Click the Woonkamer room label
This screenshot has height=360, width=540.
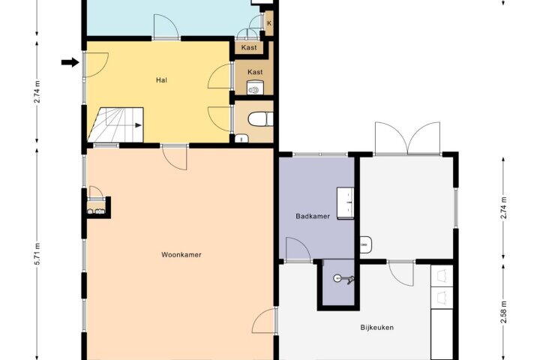click(x=181, y=255)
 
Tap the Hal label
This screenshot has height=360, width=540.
click(x=161, y=80)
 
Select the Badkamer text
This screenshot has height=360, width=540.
click(x=313, y=216)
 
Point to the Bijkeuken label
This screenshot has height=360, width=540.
click(x=376, y=327)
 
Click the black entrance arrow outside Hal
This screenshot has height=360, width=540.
click(x=70, y=62)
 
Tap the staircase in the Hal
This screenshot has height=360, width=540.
click(x=115, y=125)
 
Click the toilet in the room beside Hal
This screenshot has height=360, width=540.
click(x=260, y=119)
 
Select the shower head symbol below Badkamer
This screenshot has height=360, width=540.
click(x=343, y=278)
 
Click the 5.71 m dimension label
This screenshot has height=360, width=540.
click(x=37, y=254)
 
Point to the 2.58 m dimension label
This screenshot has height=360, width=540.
click(x=503, y=312)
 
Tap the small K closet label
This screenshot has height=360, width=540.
click(x=269, y=23)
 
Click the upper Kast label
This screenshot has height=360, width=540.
click(x=249, y=47)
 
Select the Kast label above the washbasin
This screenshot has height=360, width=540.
click(x=255, y=72)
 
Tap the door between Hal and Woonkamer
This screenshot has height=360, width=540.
click(x=175, y=157)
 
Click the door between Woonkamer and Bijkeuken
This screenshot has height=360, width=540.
click(x=265, y=321)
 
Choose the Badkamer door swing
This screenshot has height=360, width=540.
click(x=298, y=250)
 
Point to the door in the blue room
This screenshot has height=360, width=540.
click(x=166, y=26)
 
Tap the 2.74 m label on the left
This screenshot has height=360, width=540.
click(x=37, y=91)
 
